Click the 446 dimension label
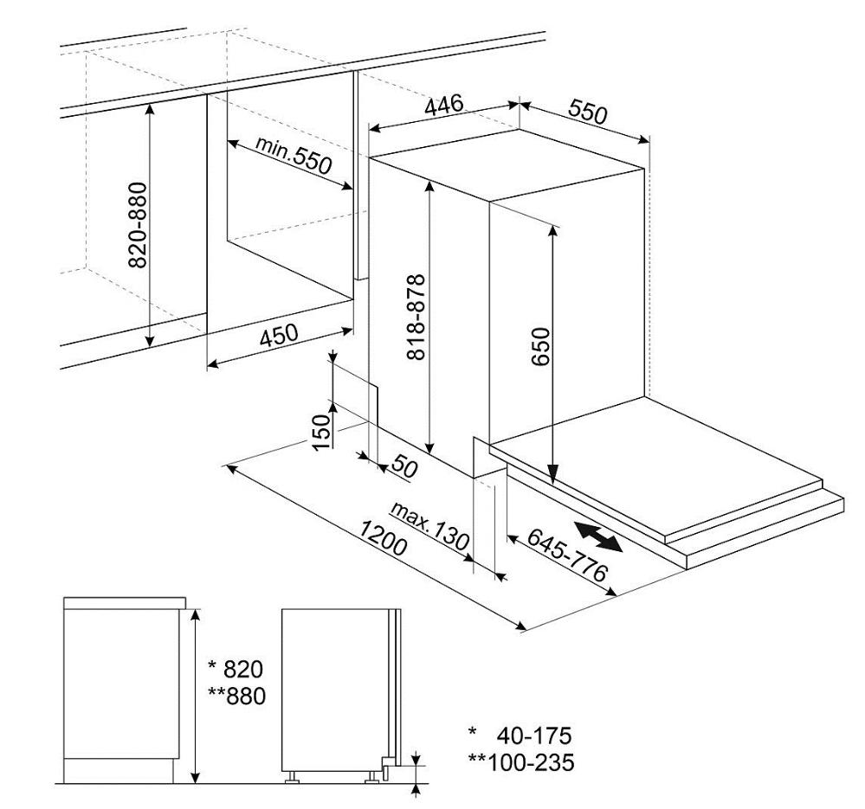444,106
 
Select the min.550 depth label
294,155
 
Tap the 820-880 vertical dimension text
138,225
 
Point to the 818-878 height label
416,317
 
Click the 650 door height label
541,346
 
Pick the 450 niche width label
279,335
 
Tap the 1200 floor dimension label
383,538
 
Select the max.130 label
429,526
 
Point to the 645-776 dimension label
567,555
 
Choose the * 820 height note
236,669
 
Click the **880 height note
236,696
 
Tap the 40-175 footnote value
534,735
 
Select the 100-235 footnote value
531,762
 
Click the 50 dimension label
404,466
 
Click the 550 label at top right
588,112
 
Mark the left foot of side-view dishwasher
292,777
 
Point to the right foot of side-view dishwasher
372,777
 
